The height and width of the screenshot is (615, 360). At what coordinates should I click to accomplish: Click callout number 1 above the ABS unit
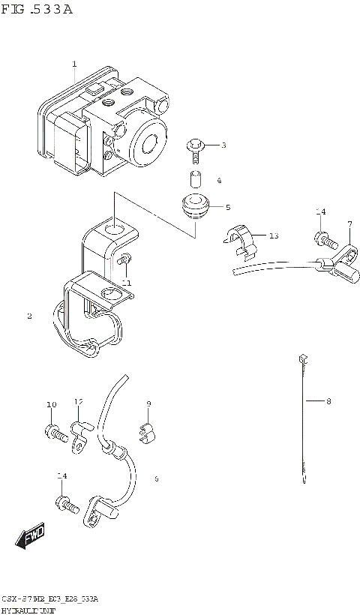coord(74,64)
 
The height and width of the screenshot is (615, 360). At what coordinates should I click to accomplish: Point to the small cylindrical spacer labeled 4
coord(196,180)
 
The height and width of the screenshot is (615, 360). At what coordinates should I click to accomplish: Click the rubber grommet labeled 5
coord(196,206)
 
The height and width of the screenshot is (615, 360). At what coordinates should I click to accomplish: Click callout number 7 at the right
coord(349,225)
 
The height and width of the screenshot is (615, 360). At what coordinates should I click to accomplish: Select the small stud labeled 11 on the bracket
coord(123,260)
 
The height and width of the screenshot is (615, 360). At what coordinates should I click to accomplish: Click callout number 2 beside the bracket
coord(29,316)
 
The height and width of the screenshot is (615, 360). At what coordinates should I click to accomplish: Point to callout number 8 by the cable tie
coord(328,401)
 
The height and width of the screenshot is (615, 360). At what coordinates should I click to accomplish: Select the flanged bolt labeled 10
coord(54,431)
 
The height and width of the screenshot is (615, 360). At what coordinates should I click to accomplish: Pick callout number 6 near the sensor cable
coord(156,478)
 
